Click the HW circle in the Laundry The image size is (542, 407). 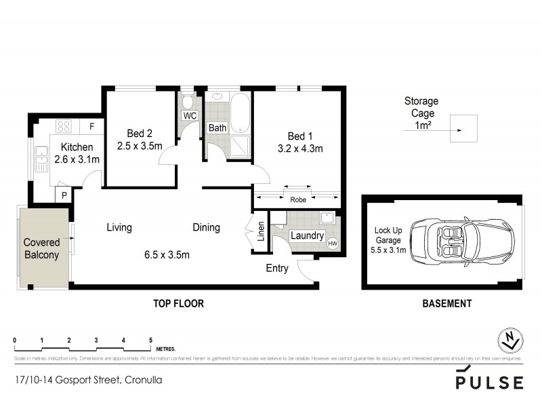332,244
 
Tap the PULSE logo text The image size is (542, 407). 489,382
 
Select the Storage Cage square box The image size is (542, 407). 463,129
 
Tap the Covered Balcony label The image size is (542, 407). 42,249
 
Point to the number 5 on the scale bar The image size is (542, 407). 150,340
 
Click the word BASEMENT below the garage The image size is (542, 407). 446,304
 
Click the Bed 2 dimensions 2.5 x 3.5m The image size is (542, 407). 140,145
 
